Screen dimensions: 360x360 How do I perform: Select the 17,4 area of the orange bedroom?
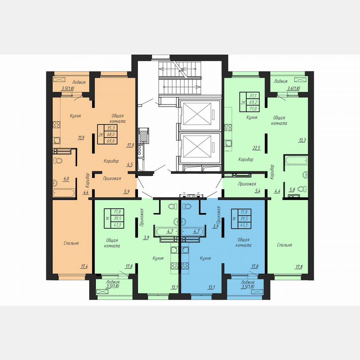[x=85, y=266]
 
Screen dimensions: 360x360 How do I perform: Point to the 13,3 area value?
[x=302, y=140]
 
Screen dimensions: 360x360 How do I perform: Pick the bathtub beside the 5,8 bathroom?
[x=295, y=161]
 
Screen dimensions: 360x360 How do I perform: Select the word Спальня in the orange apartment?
[x=71, y=243]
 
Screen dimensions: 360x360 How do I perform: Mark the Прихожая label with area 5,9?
[x=112, y=179]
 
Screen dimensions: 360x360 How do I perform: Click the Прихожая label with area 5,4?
[x=247, y=184]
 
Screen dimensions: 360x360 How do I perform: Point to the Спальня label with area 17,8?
[x=285, y=245]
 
